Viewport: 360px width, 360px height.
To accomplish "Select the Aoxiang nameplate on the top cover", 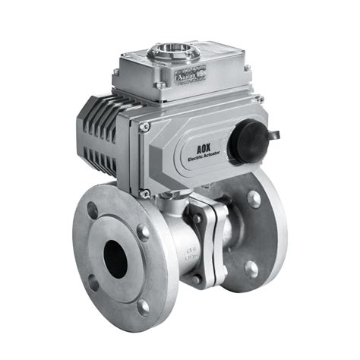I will [x=186, y=76].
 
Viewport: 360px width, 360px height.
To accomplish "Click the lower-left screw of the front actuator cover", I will [x=145, y=194].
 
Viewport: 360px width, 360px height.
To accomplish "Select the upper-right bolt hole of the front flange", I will [x=143, y=233].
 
